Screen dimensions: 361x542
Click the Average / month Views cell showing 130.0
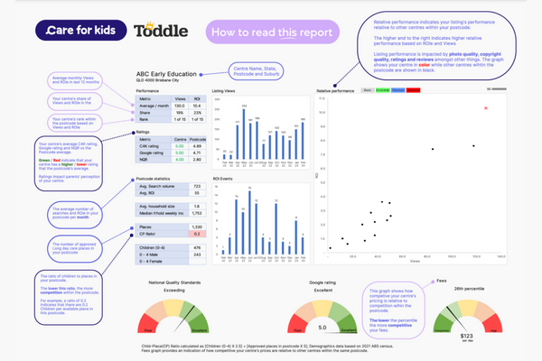click(x=180, y=106)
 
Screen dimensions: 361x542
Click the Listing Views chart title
click(x=226, y=91)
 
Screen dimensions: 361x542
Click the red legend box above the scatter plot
click(x=412, y=90)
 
